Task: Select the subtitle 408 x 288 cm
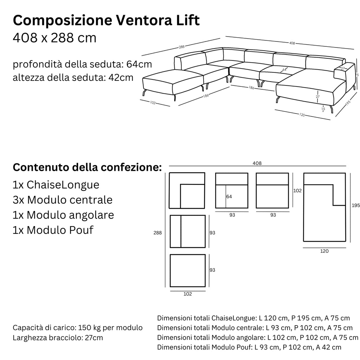tap(54, 38)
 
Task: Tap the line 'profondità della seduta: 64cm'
tap(83, 65)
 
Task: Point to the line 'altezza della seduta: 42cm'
tap(73, 77)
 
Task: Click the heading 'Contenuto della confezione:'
tap(87, 167)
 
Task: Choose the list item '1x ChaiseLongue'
tap(56, 185)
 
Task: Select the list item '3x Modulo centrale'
tap(63, 200)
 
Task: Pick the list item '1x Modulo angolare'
tap(63, 215)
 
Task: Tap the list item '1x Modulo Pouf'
tap(53, 230)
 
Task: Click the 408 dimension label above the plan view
tap(257, 163)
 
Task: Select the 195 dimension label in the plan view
tap(355, 206)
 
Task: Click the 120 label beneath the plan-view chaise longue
tap(324, 251)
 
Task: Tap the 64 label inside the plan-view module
tap(229, 197)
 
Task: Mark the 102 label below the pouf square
tap(188, 294)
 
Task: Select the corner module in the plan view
tap(187, 190)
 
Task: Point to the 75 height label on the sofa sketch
tap(356, 75)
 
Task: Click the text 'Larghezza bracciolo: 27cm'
tap(58, 338)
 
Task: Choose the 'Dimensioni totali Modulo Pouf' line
tap(249, 347)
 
